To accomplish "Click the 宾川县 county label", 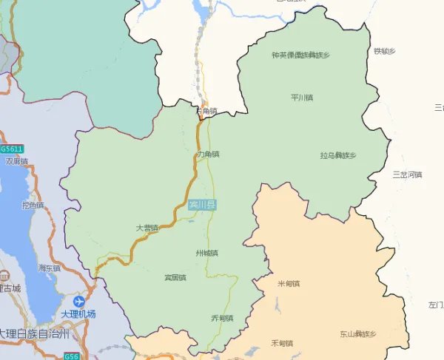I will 201,204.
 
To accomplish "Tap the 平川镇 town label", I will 302,97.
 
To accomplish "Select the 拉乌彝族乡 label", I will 338,155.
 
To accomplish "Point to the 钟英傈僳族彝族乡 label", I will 300,55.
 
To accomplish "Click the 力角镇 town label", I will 209,154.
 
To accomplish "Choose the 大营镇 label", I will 147,228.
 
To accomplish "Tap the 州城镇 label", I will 207,253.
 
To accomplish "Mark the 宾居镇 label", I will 175,277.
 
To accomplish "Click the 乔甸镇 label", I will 222,318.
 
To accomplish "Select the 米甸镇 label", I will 288,283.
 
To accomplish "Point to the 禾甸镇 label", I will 282,343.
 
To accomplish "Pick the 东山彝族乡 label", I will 358,334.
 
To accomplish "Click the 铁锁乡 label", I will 385,51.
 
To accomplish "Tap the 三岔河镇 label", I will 406,174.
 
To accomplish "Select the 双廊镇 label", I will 16,160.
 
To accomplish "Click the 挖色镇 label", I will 33,205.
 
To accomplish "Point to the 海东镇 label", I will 49,268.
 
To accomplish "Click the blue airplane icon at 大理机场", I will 79,302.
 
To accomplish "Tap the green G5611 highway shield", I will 12,149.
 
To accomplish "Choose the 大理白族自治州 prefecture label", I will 34,333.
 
